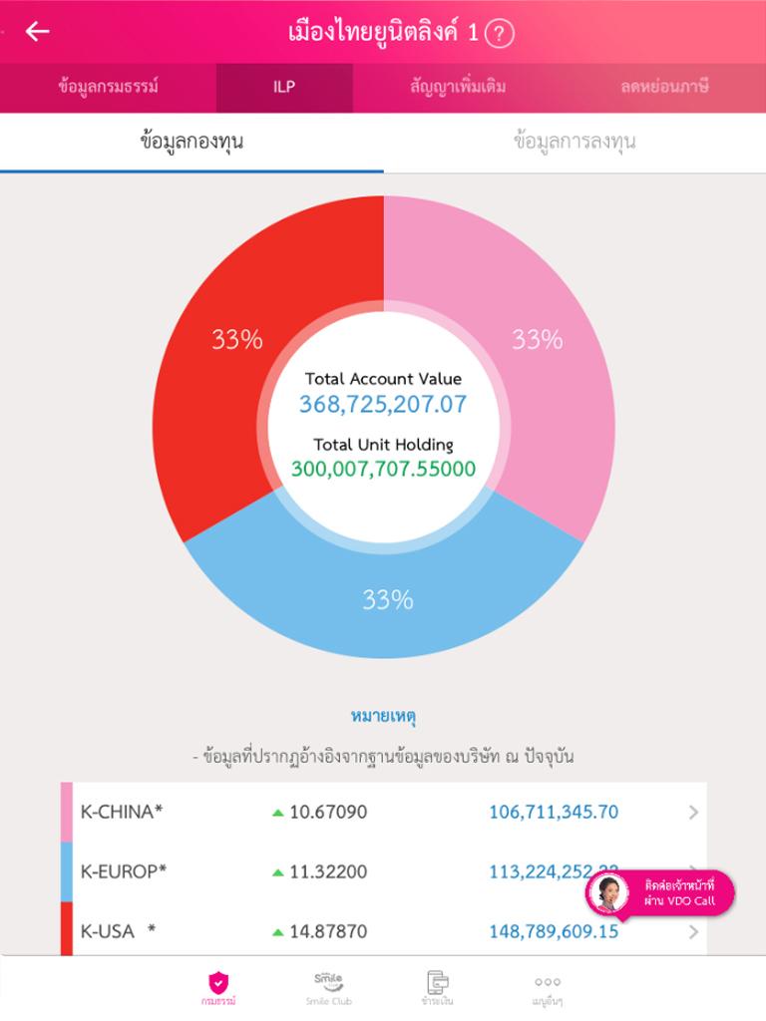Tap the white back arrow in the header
(37, 32)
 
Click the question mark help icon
(499, 34)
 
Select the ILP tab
(284, 87)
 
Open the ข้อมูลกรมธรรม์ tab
(108, 87)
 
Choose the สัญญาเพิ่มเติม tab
(458, 87)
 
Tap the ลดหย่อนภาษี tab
(664, 87)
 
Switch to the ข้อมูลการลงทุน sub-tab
(574, 142)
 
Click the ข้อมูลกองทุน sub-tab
(191, 142)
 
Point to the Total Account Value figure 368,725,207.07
(383, 405)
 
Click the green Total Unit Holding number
(383, 469)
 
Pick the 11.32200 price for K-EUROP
(328, 871)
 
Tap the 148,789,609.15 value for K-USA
(554, 931)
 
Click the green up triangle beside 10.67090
(278, 813)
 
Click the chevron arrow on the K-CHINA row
(693, 813)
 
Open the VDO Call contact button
(660, 892)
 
